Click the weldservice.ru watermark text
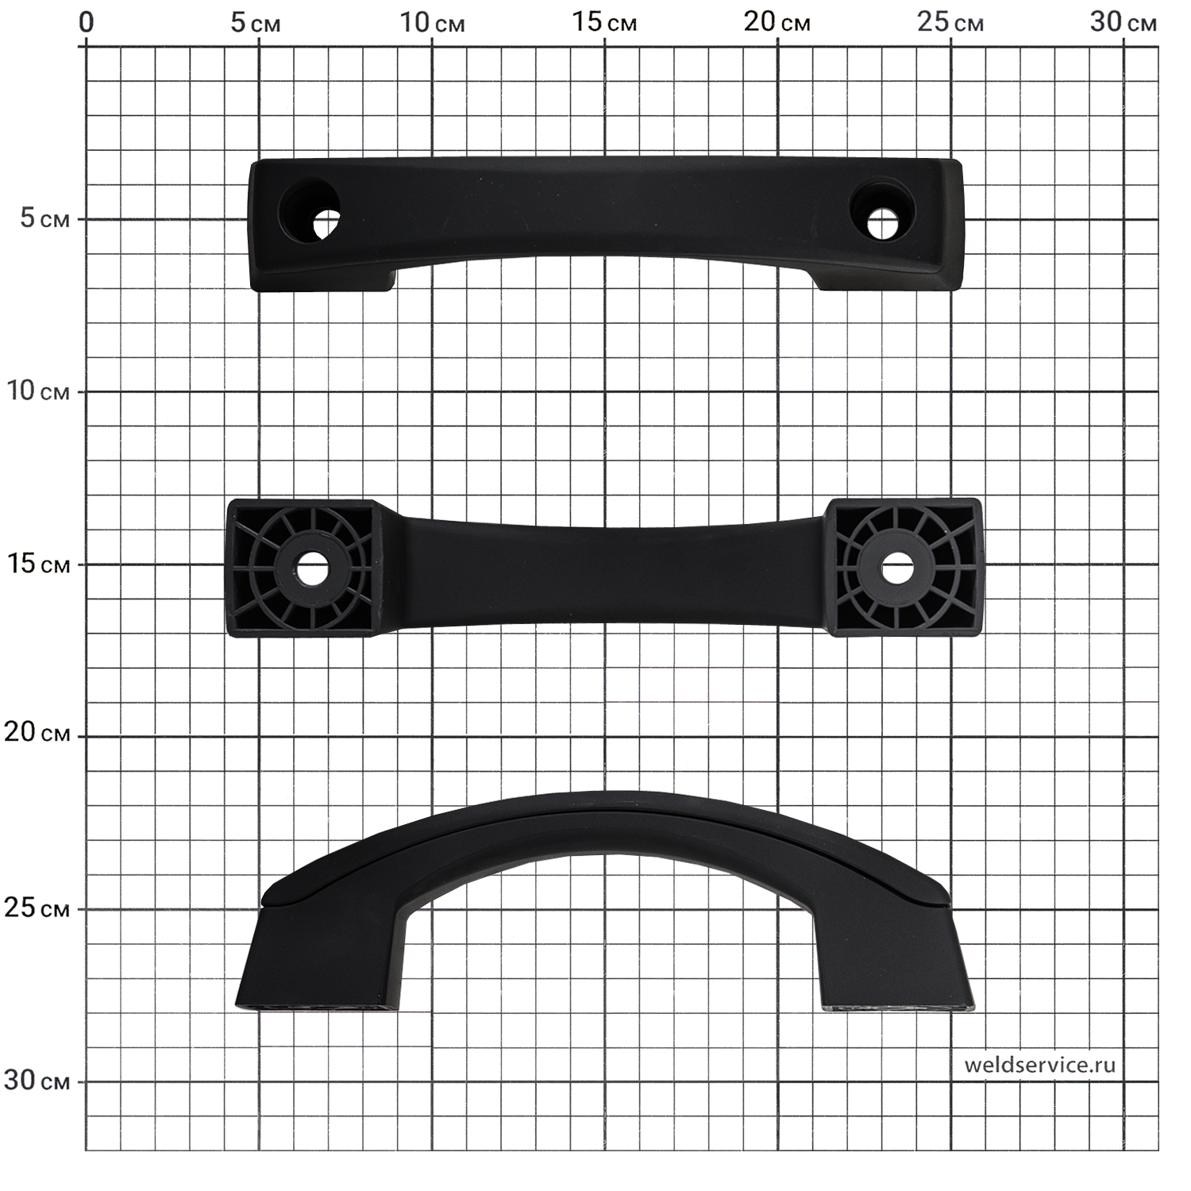coord(1039,1065)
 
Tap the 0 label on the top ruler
coord(86,22)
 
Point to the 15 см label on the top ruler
coord(604,22)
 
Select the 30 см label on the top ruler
coord(1124,22)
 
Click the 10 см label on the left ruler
coord(37,391)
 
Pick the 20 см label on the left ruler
coord(37,732)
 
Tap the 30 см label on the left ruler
coord(37,1080)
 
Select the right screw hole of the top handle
coord(882,223)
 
